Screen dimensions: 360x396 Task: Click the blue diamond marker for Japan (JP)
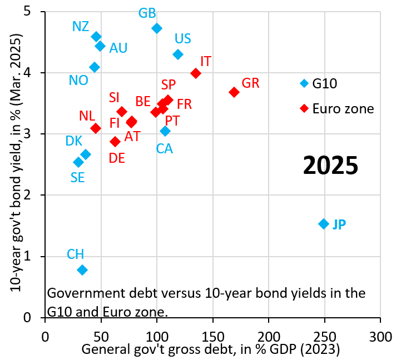coord(324,224)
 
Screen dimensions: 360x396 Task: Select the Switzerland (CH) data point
coord(82,270)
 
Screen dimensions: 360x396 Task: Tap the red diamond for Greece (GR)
coord(234,92)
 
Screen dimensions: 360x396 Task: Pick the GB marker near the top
coord(157,28)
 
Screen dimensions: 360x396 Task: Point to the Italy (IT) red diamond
coord(196,73)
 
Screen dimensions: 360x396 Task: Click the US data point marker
coord(178,54)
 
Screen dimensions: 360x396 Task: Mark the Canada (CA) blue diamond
coord(165,131)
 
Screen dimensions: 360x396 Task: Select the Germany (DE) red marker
coord(115,142)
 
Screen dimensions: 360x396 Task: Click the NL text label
coord(87,116)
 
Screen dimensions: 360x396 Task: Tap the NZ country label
coord(81,26)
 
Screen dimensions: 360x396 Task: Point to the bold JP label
coord(339,224)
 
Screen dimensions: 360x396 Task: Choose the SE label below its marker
coord(78,177)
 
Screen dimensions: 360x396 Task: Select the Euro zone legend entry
coord(343,108)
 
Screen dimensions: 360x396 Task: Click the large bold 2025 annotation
coord(330,166)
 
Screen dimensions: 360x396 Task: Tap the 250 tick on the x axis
coord(324,337)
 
